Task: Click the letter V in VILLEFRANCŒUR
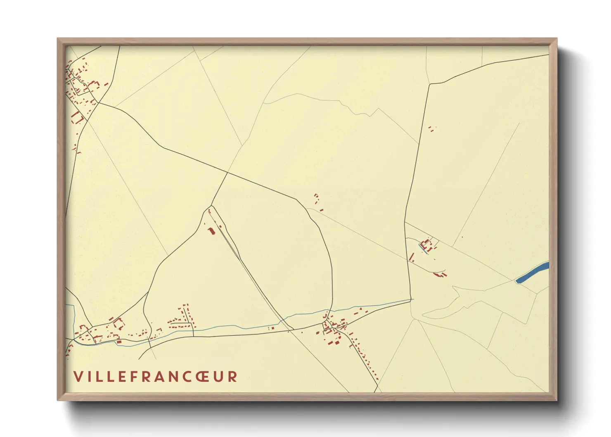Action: pos(78,376)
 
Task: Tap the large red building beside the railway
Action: pos(212,231)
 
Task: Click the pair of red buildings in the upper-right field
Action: pos(431,128)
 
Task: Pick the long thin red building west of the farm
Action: pos(411,258)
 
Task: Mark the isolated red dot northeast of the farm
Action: pos(462,237)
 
